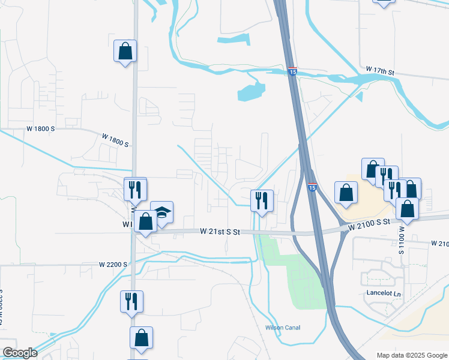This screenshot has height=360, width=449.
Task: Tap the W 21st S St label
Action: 220,231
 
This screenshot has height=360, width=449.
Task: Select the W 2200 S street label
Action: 113,264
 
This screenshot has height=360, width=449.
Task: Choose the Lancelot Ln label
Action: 382,293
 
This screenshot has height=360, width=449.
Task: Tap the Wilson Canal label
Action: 283,328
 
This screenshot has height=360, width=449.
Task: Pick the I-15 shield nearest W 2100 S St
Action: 312,187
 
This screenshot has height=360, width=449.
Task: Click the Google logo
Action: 20,353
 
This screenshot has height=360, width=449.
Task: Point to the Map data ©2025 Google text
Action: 412,355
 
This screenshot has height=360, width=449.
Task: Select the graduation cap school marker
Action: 161,212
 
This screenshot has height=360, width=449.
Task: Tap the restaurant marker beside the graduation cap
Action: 135,190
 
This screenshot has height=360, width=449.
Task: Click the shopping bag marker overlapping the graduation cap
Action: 145,221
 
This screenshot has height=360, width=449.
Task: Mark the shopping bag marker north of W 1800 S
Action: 125,51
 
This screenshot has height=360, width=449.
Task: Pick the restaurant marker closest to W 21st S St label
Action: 261,200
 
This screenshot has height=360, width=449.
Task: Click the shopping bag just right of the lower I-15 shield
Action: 346,193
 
